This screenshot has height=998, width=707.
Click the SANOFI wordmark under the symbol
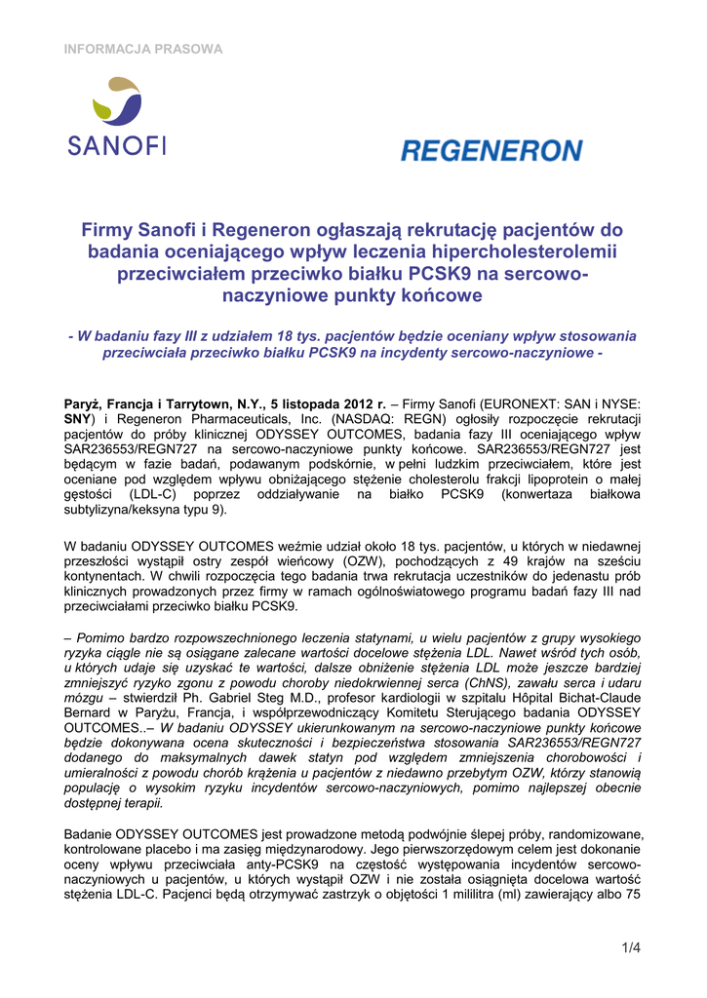click(117, 146)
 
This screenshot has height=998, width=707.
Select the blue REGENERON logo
click(491, 151)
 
